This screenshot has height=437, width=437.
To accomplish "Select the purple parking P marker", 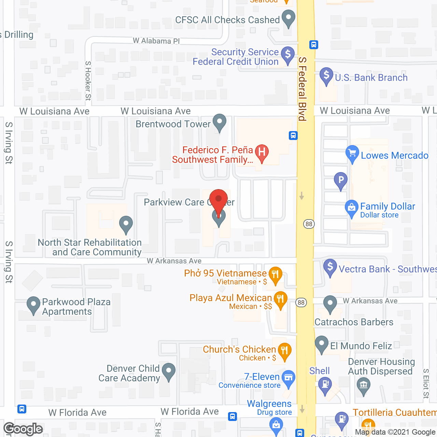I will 340,180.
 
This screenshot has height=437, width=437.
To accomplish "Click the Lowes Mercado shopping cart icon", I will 352,153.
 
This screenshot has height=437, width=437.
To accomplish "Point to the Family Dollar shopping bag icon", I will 351,208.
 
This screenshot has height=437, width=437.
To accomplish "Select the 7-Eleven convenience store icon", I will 288,378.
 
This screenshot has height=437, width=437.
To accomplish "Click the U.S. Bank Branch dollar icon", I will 326,75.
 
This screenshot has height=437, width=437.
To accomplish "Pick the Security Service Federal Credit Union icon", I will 288,55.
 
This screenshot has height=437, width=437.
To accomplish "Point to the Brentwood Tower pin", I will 219,122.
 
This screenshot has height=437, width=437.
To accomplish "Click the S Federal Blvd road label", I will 302,89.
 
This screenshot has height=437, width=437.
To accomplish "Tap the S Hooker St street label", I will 88,81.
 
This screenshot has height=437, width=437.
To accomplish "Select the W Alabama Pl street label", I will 156,41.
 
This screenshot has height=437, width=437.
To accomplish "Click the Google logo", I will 23,429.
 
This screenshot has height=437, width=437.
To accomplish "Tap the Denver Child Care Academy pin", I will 168,371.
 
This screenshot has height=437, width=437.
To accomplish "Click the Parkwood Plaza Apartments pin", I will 33,305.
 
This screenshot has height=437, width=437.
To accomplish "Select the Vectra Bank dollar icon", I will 330,267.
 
